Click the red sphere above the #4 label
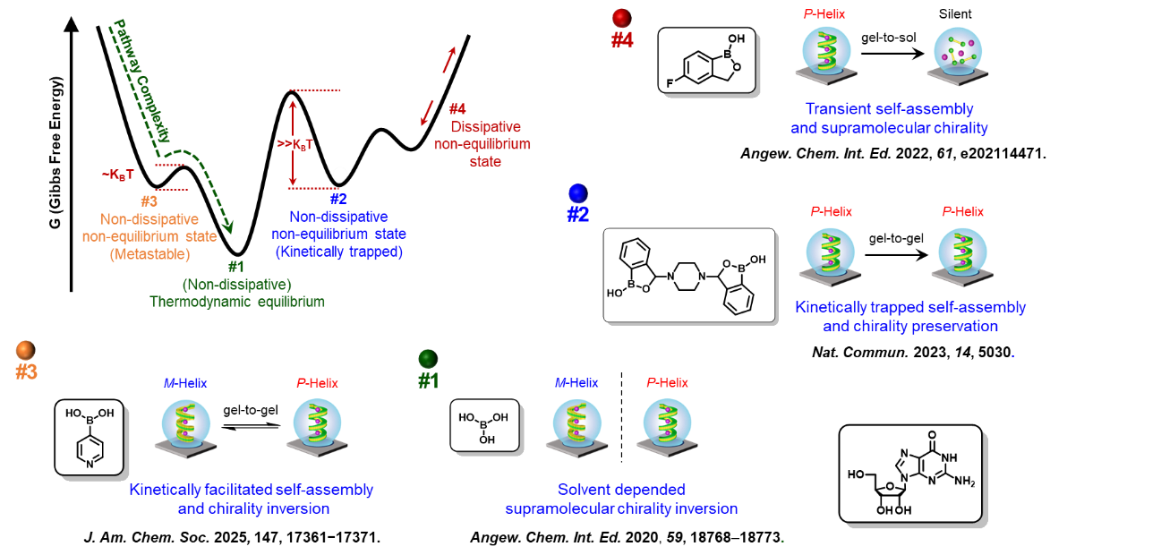click(622, 18)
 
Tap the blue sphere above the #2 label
click(578, 193)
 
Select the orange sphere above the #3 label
click(26, 351)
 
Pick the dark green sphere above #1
click(428, 359)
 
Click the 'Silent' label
click(955, 14)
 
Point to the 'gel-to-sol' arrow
click(892, 54)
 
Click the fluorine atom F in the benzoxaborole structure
click(670, 83)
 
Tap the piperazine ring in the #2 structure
click(687, 277)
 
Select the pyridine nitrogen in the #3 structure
click(90, 465)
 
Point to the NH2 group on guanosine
click(965, 481)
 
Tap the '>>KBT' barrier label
click(295, 145)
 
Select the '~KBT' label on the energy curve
click(117, 175)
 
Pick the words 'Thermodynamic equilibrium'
click(237, 302)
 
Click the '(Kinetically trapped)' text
click(339, 252)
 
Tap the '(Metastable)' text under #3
click(149, 254)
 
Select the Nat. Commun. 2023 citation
click(913, 353)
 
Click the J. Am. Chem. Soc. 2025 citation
click(232, 537)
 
